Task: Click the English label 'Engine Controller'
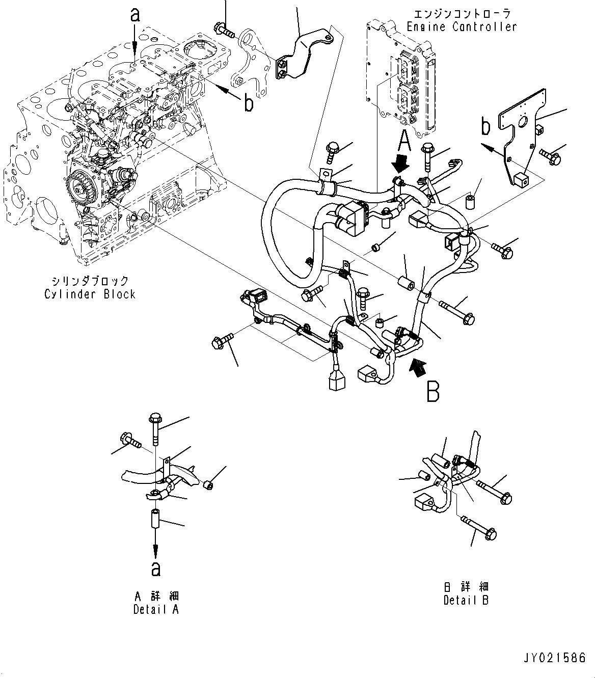pos(462,26)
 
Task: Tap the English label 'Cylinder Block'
pos(90,294)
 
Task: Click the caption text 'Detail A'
pos(156,609)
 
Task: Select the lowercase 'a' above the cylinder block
pos(134,15)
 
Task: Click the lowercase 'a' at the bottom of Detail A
pos(156,568)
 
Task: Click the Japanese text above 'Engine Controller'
pos(462,14)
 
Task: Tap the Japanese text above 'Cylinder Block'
pos(90,281)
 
